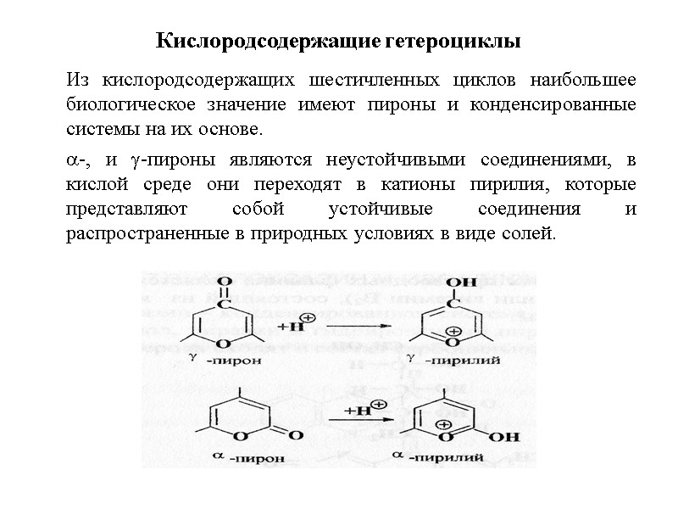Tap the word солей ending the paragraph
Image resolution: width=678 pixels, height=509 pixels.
(x=534, y=232)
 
